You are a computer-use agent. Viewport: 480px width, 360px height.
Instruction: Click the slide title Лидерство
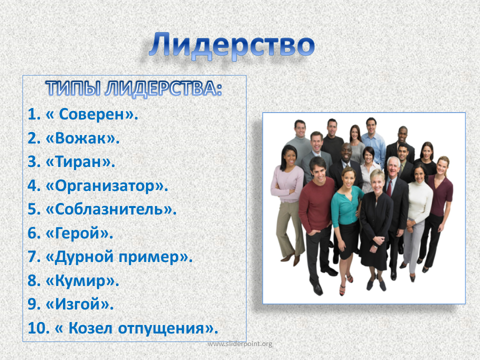(x=231, y=45)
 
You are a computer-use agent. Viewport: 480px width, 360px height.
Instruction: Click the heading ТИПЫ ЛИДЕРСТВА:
(x=134, y=89)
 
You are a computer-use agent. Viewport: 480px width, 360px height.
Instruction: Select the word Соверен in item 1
(x=95, y=114)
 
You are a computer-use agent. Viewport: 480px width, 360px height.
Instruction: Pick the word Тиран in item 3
(x=78, y=161)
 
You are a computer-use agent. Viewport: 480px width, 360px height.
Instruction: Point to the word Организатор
(x=105, y=186)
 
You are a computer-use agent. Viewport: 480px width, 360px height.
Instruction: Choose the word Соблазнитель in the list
(x=109, y=209)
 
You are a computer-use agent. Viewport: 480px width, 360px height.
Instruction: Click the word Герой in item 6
(x=77, y=233)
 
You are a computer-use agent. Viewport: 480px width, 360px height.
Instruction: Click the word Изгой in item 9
(x=78, y=304)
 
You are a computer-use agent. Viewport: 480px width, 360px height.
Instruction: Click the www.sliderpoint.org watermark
(x=239, y=344)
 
